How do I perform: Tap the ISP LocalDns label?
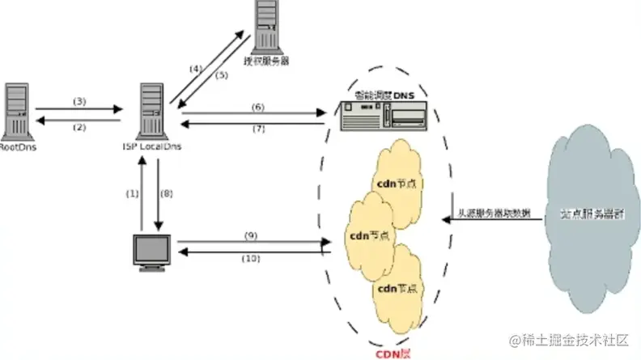point(146,146)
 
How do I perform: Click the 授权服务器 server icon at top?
point(268,25)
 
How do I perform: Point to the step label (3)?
point(79,101)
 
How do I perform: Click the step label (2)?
point(79,126)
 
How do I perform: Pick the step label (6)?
point(257,107)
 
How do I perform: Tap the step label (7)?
point(257,129)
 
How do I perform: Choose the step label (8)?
point(166,193)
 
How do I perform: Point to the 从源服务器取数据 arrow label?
point(495,214)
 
